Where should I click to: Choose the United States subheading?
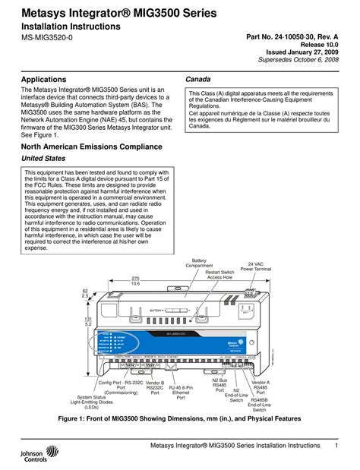(x=48, y=158)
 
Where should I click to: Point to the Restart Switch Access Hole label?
(x=220, y=275)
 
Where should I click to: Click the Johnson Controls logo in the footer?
(x=28, y=454)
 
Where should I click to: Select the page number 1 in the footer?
(x=336, y=445)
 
